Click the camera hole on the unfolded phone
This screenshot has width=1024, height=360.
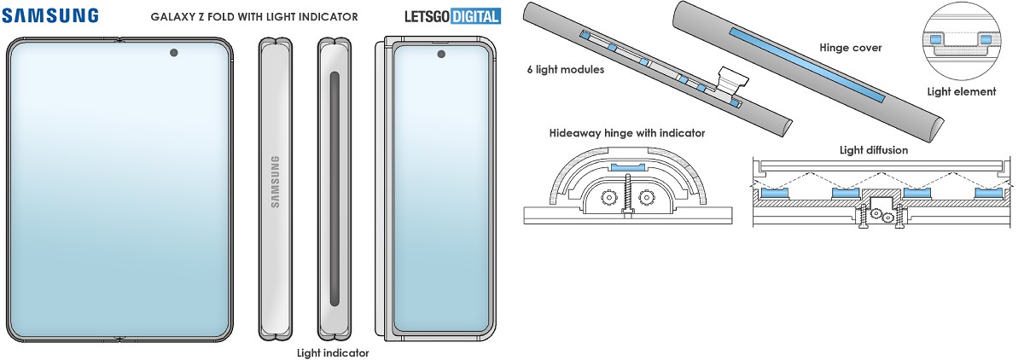174,53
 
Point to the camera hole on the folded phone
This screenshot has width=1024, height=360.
442,55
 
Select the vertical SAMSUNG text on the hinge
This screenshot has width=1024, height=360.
275,182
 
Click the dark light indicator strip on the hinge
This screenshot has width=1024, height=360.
334,188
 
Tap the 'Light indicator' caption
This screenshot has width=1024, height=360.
333,352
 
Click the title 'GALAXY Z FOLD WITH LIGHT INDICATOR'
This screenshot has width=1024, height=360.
254,16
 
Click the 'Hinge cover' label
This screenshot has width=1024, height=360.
850,49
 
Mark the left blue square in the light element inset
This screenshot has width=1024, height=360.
937,39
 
